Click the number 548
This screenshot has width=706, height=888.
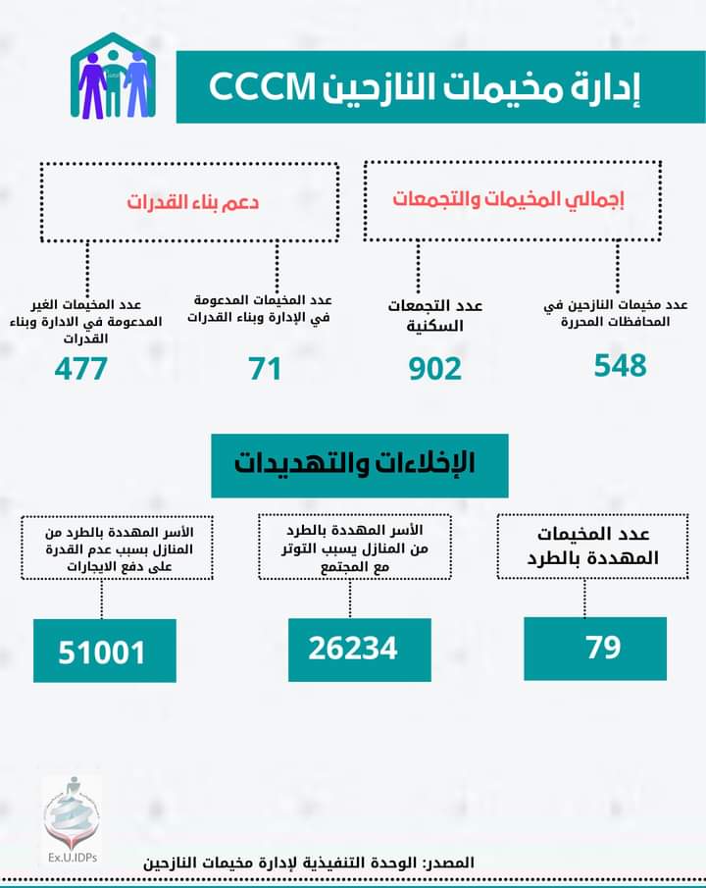[620, 365]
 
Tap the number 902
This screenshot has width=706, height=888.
[434, 369]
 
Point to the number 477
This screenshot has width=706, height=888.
[80, 369]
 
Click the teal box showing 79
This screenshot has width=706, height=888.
[595, 649]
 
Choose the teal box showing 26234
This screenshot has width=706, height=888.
[360, 649]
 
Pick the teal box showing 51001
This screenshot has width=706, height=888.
[104, 652]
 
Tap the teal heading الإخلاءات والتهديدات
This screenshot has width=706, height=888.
[361, 463]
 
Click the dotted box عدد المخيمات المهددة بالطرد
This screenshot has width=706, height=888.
[585, 546]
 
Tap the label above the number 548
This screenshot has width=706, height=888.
[616, 313]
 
